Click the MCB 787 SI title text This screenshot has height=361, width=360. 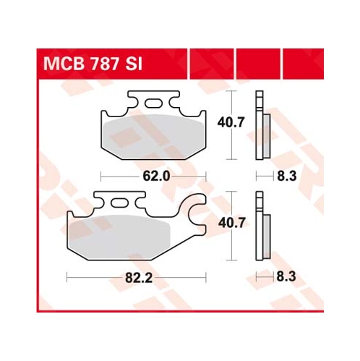tap(93, 64)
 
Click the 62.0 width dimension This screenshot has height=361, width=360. tap(156, 177)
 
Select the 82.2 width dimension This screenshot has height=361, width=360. tap(139, 279)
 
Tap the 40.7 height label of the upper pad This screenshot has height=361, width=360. tap(231, 122)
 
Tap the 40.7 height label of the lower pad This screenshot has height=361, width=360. tap(231, 223)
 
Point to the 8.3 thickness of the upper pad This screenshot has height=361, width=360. tap(287, 176)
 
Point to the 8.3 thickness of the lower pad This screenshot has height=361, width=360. tap(286, 276)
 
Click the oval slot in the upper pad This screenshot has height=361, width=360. tap(153, 103)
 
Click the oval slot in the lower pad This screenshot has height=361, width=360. tap(120, 203)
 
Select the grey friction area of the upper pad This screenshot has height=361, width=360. tap(153, 137)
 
